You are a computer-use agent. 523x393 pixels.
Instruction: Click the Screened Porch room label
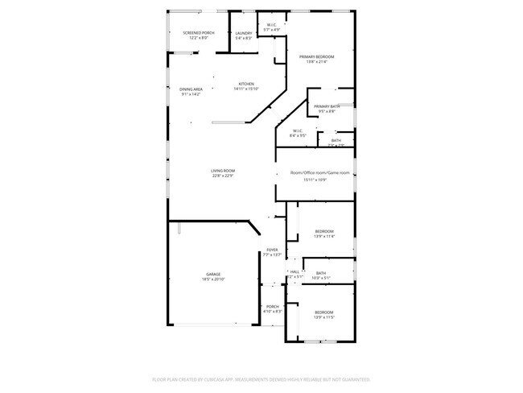tap(187, 32)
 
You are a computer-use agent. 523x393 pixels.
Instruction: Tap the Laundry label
tap(244, 32)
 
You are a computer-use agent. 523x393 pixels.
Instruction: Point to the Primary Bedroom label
tap(316, 56)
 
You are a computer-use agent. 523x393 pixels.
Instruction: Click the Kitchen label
tap(245, 84)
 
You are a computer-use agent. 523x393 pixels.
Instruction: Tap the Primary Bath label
tap(327, 106)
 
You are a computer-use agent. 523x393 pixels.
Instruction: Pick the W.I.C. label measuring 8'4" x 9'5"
tap(297, 130)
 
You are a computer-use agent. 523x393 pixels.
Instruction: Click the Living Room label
tap(222, 171)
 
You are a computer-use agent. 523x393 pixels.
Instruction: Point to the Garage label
tap(212, 275)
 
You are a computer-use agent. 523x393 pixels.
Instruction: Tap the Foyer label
tap(273, 250)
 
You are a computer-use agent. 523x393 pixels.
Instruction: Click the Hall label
tap(294, 271)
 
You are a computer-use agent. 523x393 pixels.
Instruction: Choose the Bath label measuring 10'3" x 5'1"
tap(321, 273)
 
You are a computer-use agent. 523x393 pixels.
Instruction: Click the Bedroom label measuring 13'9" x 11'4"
tap(323, 231)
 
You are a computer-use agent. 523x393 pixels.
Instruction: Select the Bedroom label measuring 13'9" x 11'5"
tap(323, 312)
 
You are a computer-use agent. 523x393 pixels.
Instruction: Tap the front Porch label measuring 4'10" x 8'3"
tap(272, 307)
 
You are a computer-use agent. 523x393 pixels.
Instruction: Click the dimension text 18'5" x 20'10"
tap(212, 279)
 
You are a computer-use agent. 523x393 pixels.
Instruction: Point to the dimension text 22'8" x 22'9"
tap(222, 176)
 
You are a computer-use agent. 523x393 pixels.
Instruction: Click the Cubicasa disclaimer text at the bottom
tap(261, 379)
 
